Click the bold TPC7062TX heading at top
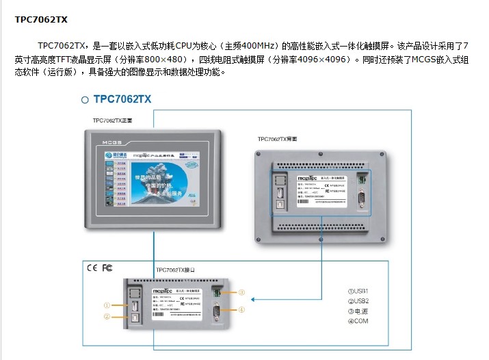click(x=41, y=19)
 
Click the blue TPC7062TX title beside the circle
click(x=122, y=99)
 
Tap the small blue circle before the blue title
click(x=85, y=100)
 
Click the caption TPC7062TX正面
click(x=112, y=120)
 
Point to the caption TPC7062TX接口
click(x=176, y=270)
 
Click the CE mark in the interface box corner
click(x=92, y=268)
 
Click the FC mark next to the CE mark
click(x=107, y=268)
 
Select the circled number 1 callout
click(x=107, y=305)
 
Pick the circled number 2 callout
click(x=107, y=317)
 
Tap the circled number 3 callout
click(x=241, y=292)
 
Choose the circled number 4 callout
click(x=241, y=309)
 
